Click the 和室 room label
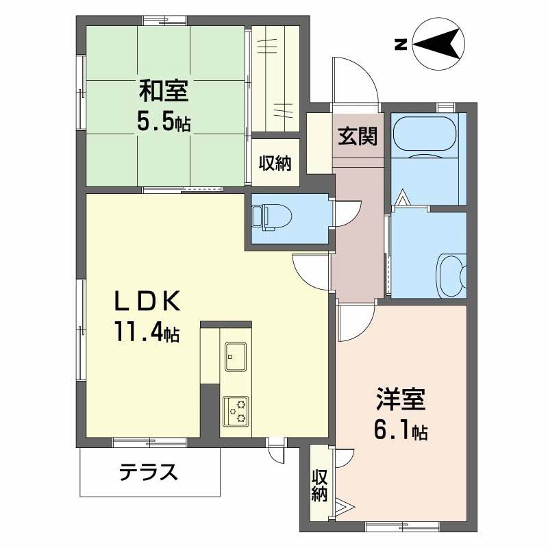point(164,91)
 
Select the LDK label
point(148,301)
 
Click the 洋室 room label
point(401,399)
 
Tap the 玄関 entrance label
point(358,136)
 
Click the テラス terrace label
point(149,472)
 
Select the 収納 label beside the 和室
point(275,163)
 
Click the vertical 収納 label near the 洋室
point(319,486)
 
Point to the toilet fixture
point(269,217)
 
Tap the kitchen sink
point(236,356)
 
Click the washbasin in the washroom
point(452,276)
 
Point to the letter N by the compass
point(401,45)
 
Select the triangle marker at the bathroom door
point(403,197)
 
